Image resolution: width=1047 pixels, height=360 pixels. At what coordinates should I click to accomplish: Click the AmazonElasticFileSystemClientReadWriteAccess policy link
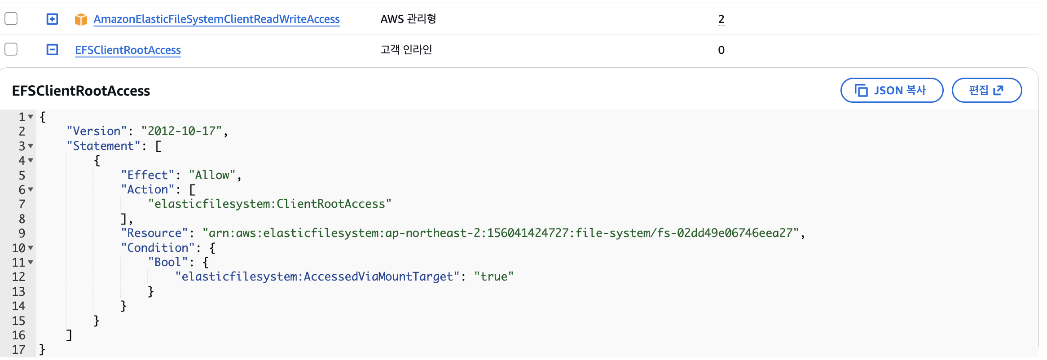[x=216, y=19]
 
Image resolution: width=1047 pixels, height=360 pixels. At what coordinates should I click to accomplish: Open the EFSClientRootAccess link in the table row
[x=128, y=50]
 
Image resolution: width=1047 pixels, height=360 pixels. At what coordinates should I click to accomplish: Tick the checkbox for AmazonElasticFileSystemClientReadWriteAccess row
[x=11, y=19]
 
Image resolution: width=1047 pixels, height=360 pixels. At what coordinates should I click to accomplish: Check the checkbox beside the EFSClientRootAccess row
[x=11, y=49]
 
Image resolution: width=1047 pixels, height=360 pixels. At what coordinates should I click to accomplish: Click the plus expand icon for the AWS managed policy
[x=53, y=19]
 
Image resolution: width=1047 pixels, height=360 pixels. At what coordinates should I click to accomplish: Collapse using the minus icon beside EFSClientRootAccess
[x=53, y=49]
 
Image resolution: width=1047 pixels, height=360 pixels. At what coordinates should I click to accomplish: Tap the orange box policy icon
[x=81, y=19]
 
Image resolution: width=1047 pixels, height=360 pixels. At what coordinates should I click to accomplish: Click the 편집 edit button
[x=986, y=90]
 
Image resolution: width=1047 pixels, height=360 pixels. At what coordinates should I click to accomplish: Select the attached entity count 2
[x=721, y=19]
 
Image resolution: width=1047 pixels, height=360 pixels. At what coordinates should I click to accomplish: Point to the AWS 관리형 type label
[x=408, y=19]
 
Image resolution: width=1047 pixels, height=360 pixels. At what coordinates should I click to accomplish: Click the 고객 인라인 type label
[x=406, y=49]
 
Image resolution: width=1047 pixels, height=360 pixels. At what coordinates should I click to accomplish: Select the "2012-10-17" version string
[x=182, y=131]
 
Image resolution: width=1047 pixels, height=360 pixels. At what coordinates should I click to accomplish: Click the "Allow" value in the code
[x=212, y=175]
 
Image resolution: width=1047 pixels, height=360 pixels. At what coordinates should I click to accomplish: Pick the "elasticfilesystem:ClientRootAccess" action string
[x=270, y=204]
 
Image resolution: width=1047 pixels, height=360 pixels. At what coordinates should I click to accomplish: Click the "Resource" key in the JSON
[x=154, y=233]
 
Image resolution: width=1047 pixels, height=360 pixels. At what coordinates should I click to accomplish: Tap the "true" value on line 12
[x=494, y=277]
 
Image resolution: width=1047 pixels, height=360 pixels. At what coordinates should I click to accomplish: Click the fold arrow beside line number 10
[x=31, y=248]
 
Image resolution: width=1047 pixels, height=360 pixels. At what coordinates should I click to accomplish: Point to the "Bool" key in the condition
[x=168, y=262]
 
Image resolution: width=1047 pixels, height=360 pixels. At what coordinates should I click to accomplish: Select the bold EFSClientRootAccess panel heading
[x=81, y=91]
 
